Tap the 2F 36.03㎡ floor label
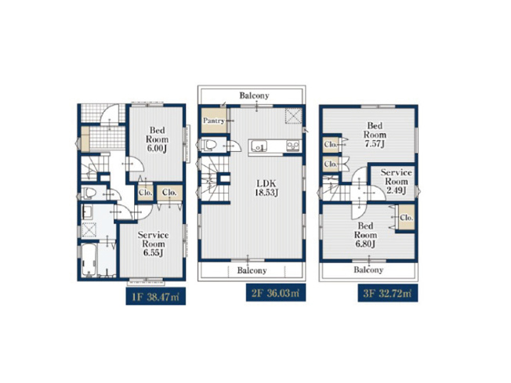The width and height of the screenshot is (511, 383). tap(271, 293)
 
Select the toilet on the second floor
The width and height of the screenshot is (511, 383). tap(208, 146)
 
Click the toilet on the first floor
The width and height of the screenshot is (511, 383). tap(89, 192)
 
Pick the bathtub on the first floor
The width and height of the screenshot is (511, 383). tap(88, 260)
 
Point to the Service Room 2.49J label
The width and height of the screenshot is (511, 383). tap(396, 179)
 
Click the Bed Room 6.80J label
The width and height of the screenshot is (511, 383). tap(366, 233)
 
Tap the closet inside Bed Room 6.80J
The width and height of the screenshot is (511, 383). tap(406, 219)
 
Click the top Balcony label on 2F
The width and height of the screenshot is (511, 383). tap(255, 96)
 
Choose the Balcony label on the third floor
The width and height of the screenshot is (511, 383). tap(368, 269)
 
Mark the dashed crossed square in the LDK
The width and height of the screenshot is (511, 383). tap(293, 116)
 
